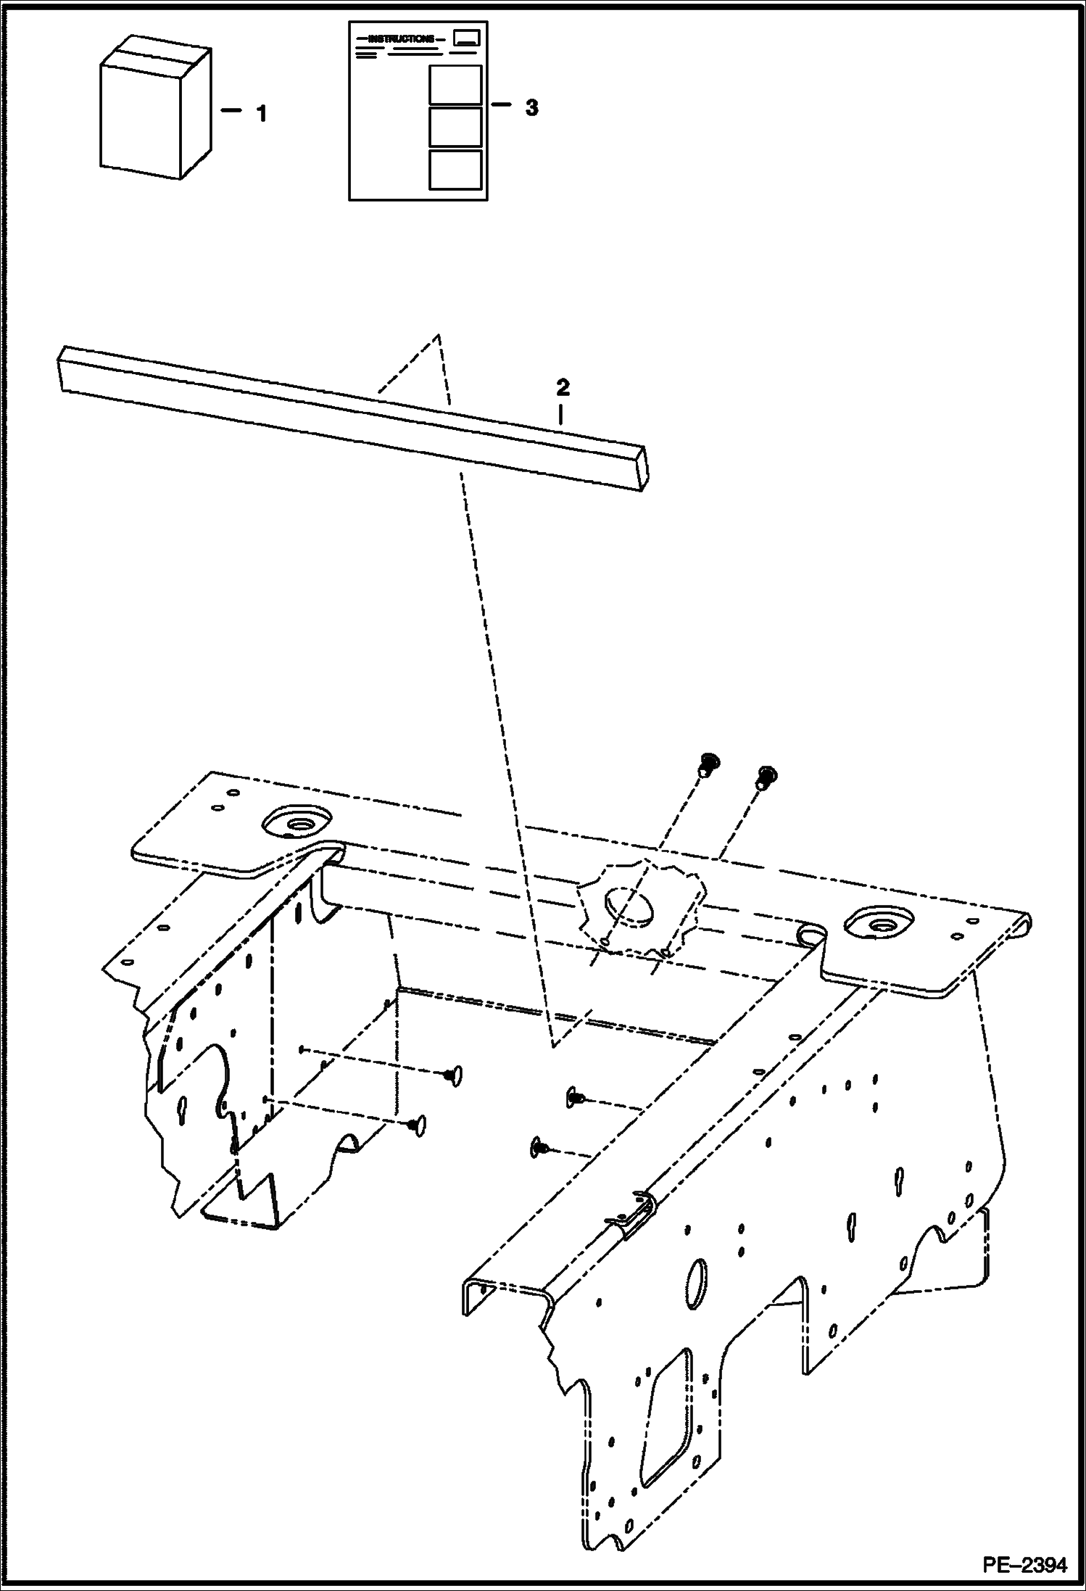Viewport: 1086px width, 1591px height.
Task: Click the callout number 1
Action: coord(262,114)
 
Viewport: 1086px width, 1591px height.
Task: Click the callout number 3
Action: coord(531,108)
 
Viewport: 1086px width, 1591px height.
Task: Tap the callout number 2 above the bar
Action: coord(563,387)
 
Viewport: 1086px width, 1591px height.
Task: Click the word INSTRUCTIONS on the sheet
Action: coord(401,38)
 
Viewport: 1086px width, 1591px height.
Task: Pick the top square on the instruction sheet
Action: coord(455,85)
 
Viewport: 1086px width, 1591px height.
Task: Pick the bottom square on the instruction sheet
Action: coord(455,170)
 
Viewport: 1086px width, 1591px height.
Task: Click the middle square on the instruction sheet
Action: coord(455,127)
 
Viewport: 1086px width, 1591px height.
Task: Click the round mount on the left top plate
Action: coord(297,822)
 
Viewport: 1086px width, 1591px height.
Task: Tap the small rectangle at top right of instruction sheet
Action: coord(465,39)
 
